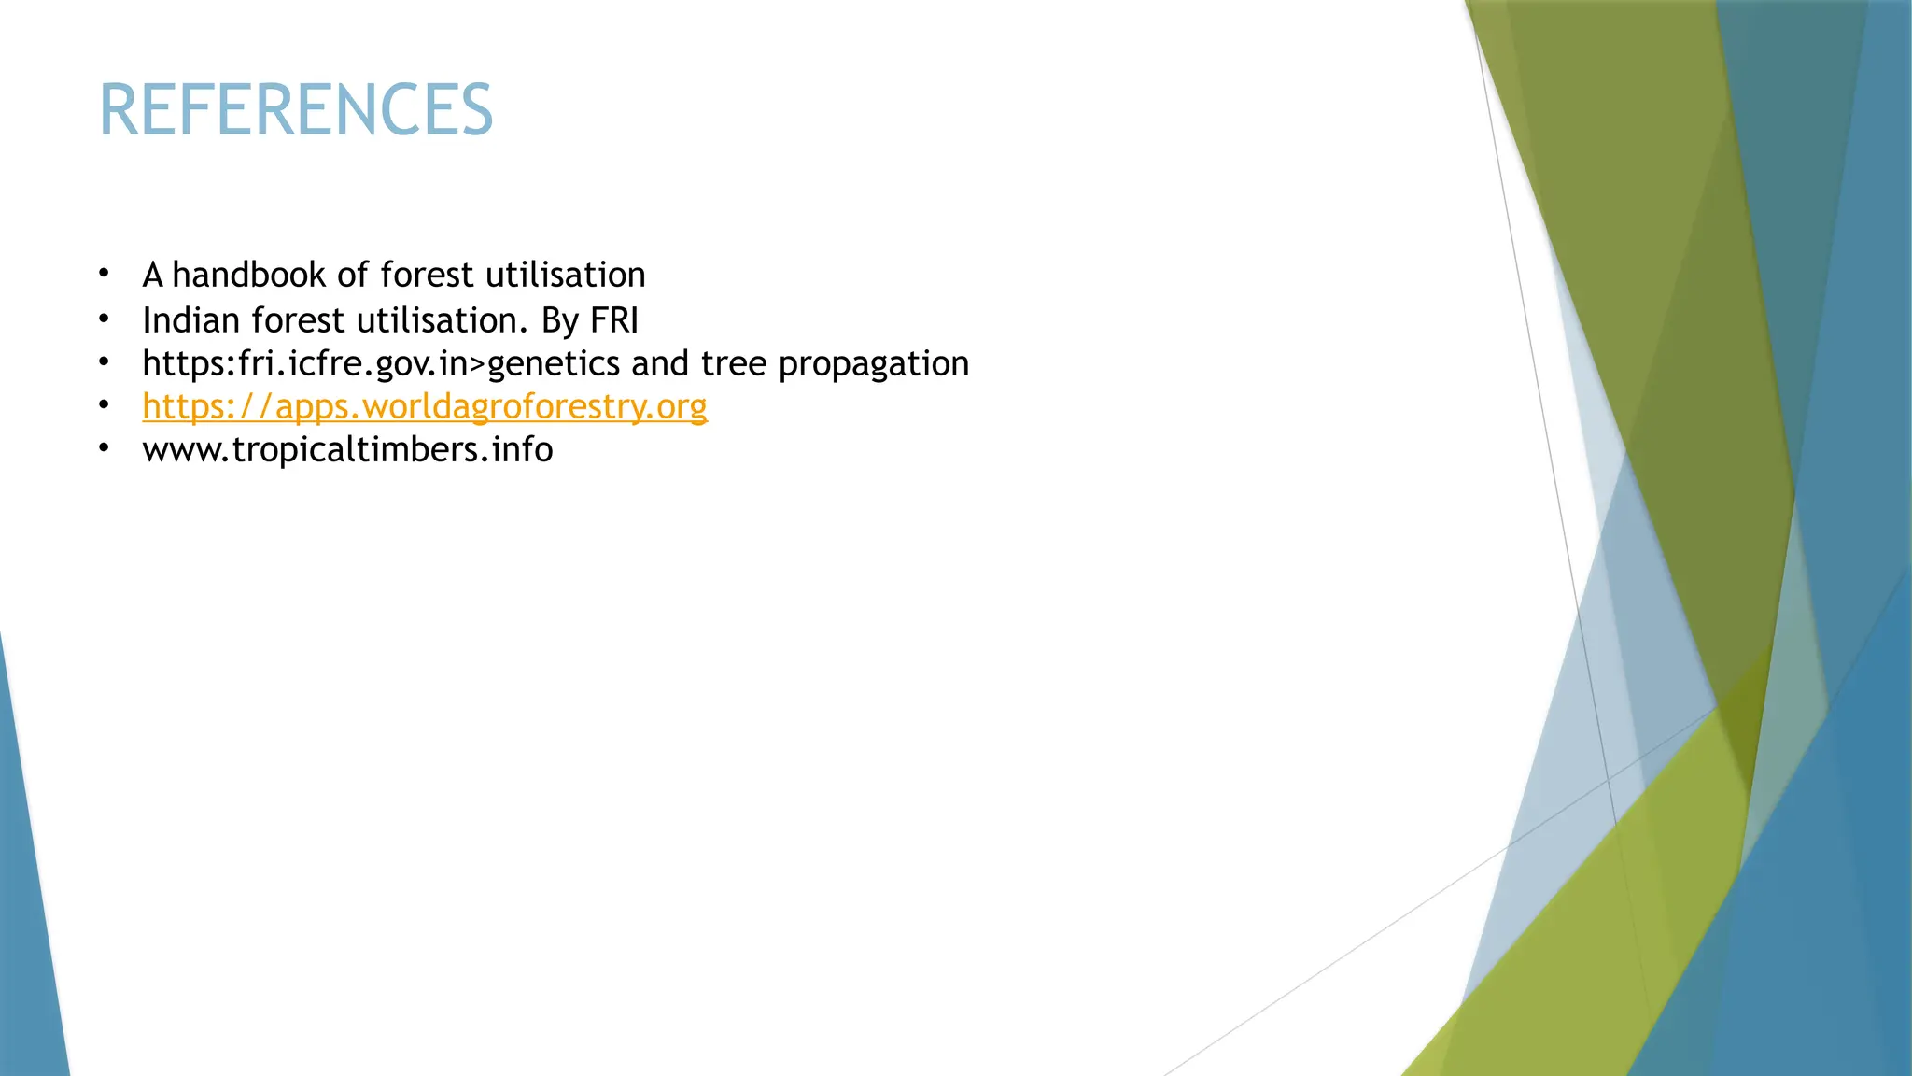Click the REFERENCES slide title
tap(295, 110)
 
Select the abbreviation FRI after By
tap(614, 320)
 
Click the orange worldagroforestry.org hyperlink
tap(425, 407)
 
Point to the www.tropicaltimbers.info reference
tap(347, 450)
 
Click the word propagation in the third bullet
tap(874, 364)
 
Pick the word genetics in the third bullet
tap(554, 364)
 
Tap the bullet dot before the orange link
tap(105, 405)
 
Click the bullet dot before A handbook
tap(105, 274)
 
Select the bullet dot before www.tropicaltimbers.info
tap(105, 448)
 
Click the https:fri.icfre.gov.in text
tap(305, 364)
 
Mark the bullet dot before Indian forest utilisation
tap(105, 319)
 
